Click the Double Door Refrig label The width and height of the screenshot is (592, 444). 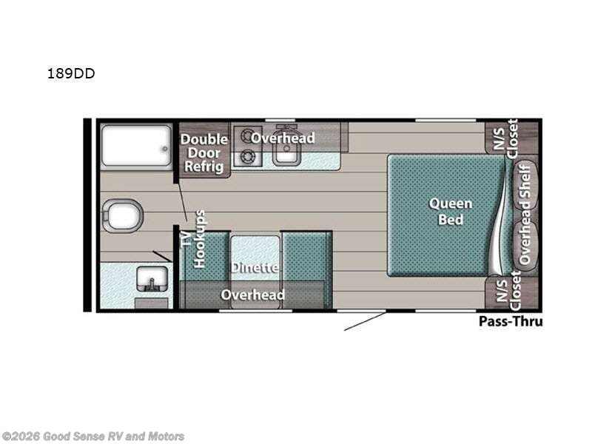click(x=204, y=152)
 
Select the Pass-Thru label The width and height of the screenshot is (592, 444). click(x=511, y=321)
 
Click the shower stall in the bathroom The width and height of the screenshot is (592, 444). click(x=135, y=145)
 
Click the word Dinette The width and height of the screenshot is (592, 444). click(x=254, y=267)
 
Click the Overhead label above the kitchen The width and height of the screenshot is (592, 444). click(x=282, y=138)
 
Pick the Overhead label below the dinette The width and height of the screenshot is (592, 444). click(x=253, y=295)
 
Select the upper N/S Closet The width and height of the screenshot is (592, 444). click(x=505, y=138)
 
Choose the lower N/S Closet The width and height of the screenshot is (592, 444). click(x=505, y=292)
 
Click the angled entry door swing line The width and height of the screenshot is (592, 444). click(x=364, y=321)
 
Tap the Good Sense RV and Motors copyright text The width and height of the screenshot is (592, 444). click(x=93, y=436)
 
